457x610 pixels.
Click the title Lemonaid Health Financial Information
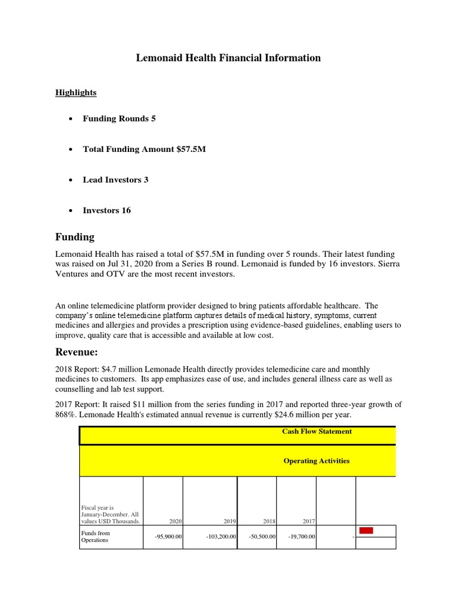(x=228, y=58)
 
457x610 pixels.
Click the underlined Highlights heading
(x=76, y=92)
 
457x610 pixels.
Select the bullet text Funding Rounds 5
(x=119, y=119)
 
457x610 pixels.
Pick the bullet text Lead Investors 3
(x=115, y=180)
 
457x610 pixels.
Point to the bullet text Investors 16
(x=107, y=210)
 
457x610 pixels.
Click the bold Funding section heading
(x=75, y=237)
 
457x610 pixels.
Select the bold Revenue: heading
(x=78, y=351)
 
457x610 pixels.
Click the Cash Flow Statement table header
(x=317, y=431)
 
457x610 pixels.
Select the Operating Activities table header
(x=317, y=460)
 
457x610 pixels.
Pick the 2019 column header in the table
(x=229, y=521)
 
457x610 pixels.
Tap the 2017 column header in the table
(x=308, y=521)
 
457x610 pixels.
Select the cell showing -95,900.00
(x=168, y=537)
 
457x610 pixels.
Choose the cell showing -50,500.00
(x=262, y=537)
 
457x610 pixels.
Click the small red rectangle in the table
(x=366, y=530)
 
